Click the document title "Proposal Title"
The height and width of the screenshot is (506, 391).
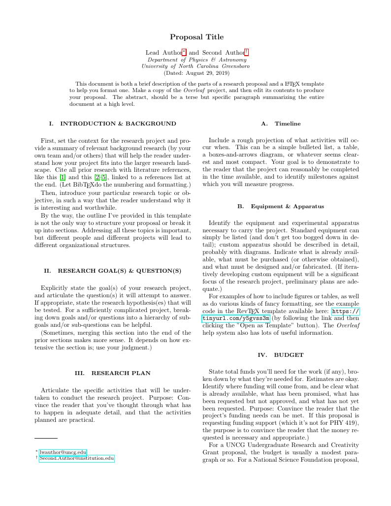[196, 37]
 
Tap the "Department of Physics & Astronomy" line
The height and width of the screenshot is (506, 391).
[195, 60]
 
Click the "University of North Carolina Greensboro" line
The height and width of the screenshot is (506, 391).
[195, 66]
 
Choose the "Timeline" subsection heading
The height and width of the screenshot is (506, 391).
[288, 124]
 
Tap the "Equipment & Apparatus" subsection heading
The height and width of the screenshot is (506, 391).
[287, 206]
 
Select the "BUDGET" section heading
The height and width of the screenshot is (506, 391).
[289, 354]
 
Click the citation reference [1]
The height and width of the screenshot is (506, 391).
[63, 177]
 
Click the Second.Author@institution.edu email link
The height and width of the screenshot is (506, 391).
[77, 458]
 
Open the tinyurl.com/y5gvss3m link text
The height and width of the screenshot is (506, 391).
[236, 318]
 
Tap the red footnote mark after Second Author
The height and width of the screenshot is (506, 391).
[247, 52]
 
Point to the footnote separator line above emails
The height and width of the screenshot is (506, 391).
[46, 438]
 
